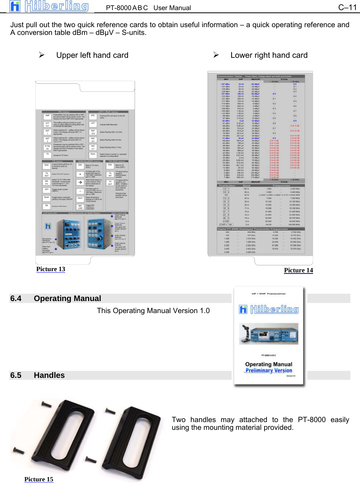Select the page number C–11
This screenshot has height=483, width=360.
348,7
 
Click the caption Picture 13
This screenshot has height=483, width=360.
50,269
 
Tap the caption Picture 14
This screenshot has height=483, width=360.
298,270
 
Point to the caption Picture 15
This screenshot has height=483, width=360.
39,479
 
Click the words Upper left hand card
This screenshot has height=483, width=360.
92,55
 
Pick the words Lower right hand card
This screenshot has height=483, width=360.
269,55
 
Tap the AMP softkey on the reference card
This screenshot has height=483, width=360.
47,116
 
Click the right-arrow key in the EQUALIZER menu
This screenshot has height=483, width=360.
80,182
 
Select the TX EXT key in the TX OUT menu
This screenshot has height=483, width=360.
110,183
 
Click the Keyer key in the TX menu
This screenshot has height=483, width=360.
47,198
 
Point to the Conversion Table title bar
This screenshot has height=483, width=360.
260,76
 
